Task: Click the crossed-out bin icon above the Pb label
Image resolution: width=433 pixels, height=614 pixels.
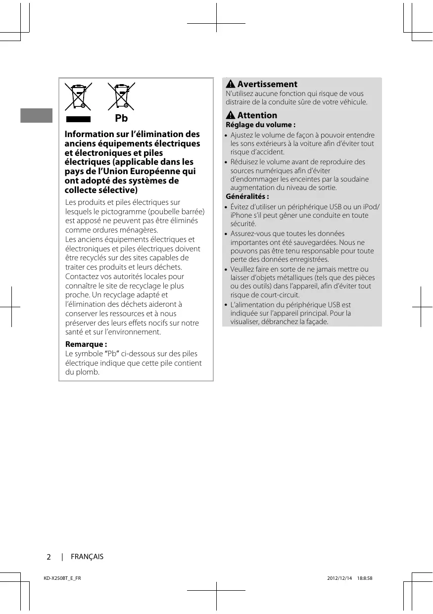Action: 121,96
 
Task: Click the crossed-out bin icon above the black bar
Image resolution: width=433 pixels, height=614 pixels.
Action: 78,96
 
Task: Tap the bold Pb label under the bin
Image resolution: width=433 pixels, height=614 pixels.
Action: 121,119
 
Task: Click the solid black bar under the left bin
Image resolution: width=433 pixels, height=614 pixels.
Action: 78,119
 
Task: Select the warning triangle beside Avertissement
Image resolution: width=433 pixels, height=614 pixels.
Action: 231,85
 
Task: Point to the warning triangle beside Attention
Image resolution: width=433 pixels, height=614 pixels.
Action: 231,116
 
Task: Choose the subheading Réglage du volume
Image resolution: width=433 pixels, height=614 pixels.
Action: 260,125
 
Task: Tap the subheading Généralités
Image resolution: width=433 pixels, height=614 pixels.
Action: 247,196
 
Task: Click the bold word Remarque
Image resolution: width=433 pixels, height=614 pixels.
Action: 86,344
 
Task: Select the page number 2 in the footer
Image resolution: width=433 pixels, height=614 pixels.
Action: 48,557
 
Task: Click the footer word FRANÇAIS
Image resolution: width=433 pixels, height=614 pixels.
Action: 87,557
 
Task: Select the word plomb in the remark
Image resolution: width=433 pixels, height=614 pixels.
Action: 87,372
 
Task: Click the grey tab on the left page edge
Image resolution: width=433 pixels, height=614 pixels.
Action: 36,115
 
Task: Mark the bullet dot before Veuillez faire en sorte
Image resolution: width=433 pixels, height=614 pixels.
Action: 226,270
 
